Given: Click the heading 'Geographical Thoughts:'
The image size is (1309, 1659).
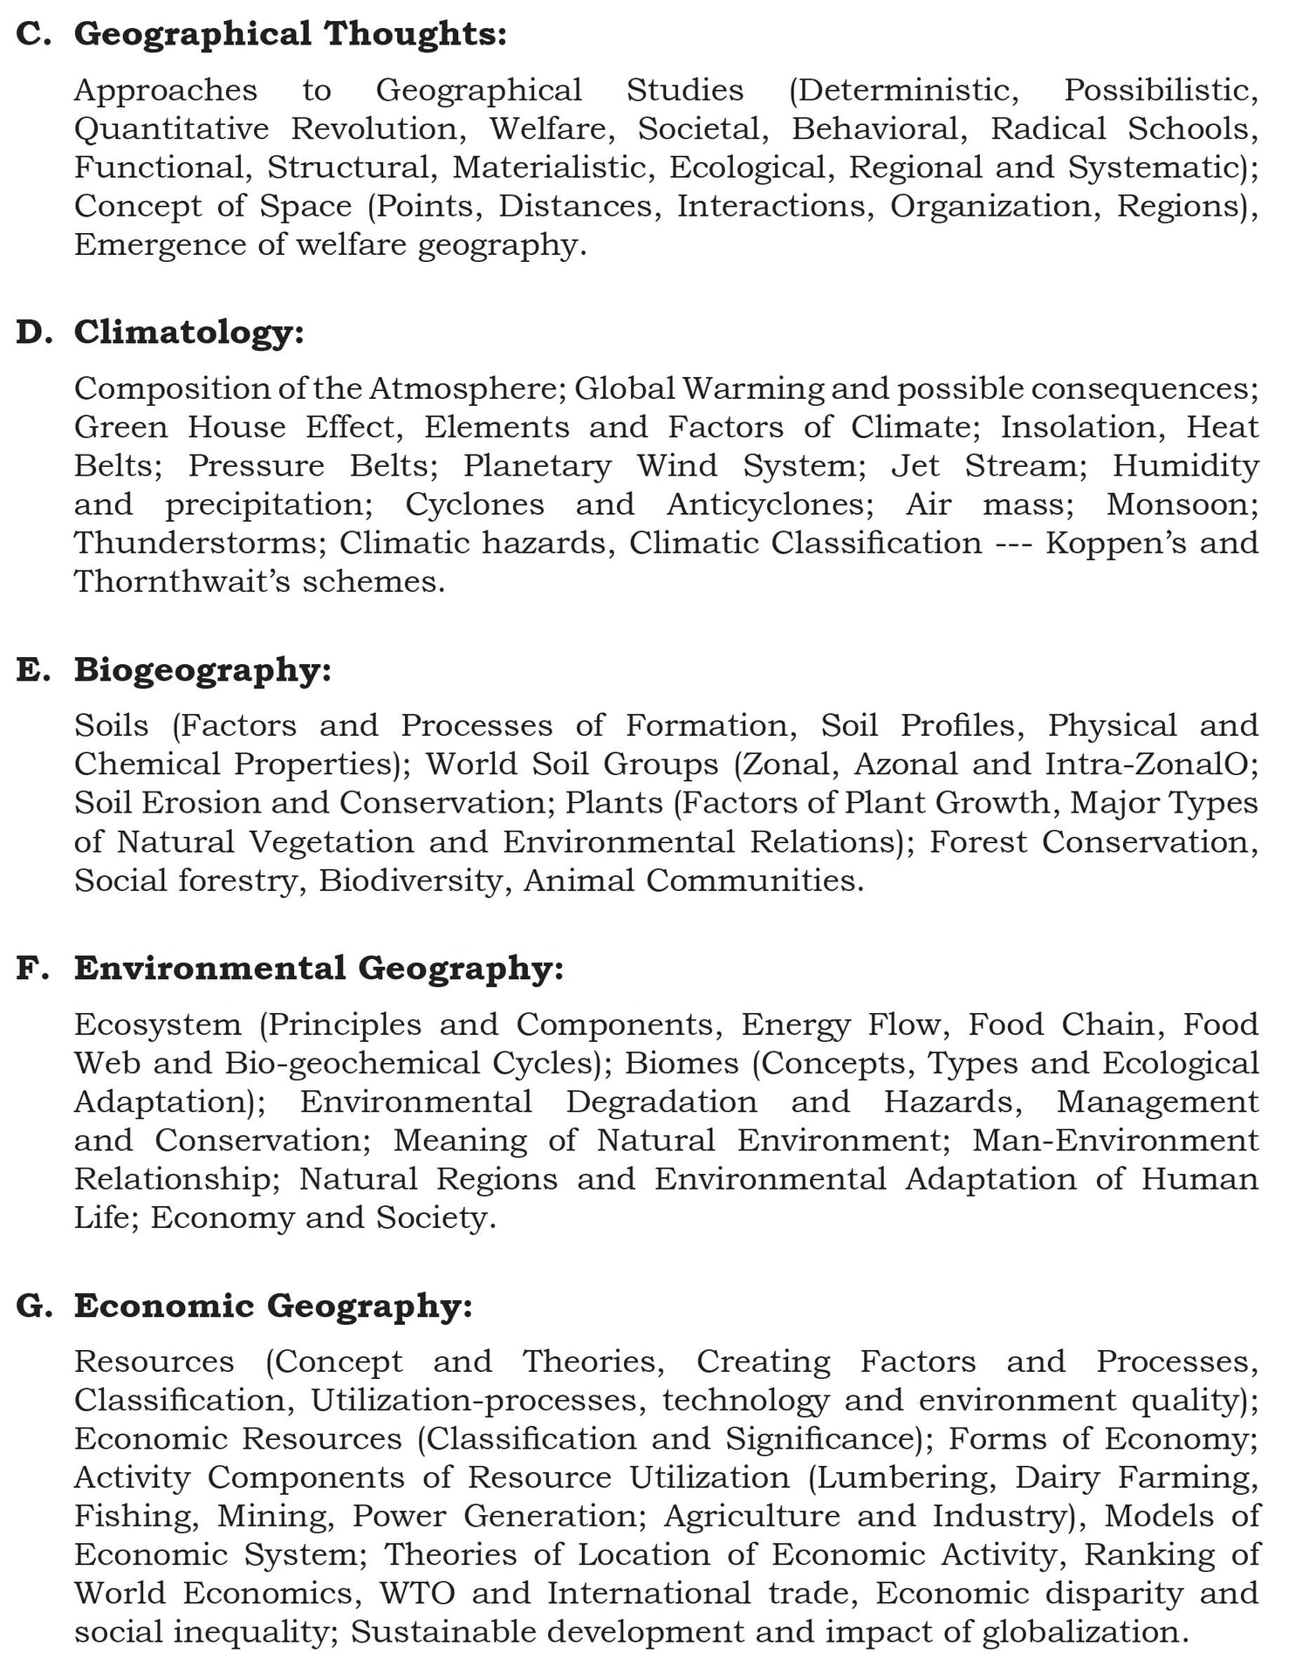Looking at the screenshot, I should click(290, 34).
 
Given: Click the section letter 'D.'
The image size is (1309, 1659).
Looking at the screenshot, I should click(36, 332).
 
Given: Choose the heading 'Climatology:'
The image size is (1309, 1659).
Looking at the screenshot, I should click(188, 332).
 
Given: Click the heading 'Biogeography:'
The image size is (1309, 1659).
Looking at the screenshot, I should click(202, 669).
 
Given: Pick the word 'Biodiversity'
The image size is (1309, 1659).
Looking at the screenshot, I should click(410, 881).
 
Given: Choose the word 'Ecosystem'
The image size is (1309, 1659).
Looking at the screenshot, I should click(158, 1025).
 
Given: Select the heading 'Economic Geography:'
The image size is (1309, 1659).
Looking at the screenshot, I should click(272, 1306).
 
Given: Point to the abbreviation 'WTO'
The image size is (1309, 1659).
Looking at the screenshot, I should click(417, 1594).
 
